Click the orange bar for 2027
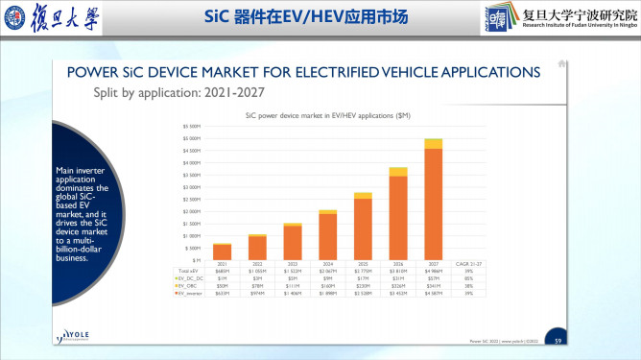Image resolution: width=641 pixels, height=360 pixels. [433, 204]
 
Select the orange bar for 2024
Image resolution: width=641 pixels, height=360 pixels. [327, 236]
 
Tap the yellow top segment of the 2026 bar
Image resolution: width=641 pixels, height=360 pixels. [398, 172]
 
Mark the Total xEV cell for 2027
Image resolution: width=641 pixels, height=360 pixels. [433, 272]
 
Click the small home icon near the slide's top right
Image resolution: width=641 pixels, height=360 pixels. [562, 64]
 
